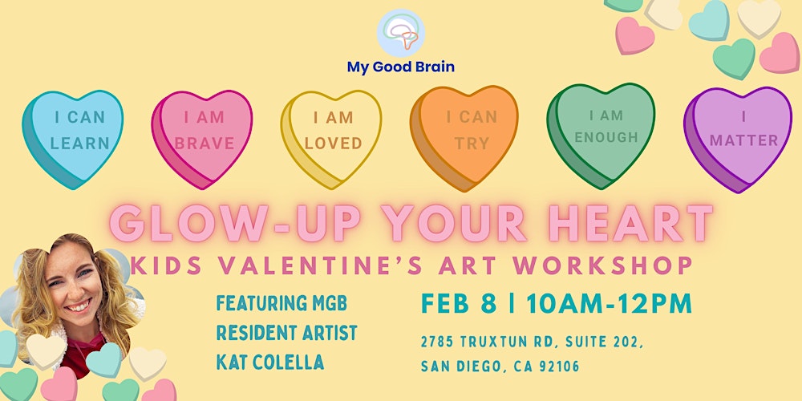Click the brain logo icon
click(401, 33)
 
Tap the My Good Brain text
click(400, 67)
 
